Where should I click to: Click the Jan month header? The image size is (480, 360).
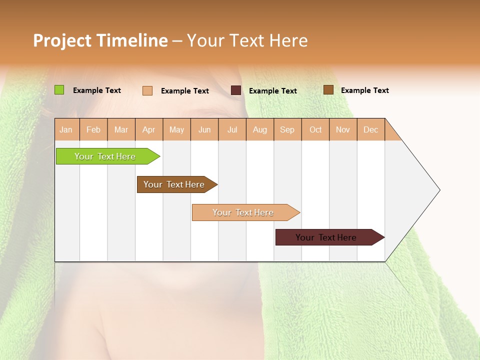66,130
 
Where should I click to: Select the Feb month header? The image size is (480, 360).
93,130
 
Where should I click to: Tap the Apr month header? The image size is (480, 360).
149,130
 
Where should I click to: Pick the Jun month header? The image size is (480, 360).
204,130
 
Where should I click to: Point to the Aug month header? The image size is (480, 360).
260,130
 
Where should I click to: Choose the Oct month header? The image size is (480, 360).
315,130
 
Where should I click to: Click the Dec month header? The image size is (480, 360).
370,130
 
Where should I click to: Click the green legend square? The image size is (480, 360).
59,90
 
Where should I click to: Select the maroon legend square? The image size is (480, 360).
236,90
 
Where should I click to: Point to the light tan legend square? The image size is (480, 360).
147,90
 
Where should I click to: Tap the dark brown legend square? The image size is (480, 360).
328,90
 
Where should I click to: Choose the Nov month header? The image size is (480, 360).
343,130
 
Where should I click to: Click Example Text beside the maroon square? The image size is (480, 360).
272,91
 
